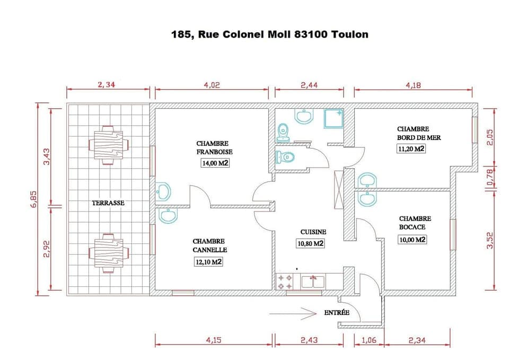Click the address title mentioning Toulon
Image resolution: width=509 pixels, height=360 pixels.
pos(269,34)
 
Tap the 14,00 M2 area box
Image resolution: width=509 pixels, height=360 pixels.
pos(215,164)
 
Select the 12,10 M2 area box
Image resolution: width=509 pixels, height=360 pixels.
pos(208,262)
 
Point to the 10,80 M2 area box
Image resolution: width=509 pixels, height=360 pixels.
pos(310,243)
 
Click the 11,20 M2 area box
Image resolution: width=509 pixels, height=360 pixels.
pos(411,149)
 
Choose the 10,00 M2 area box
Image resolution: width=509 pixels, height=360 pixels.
pos(413,240)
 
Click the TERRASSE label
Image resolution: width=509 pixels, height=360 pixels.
pos(108,203)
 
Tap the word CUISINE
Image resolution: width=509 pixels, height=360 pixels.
pos(313,232)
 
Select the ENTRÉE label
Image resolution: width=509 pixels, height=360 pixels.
pos(337,313)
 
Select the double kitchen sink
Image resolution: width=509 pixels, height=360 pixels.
pos(313,281)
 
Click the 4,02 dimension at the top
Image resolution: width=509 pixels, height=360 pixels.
pos(212,85)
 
